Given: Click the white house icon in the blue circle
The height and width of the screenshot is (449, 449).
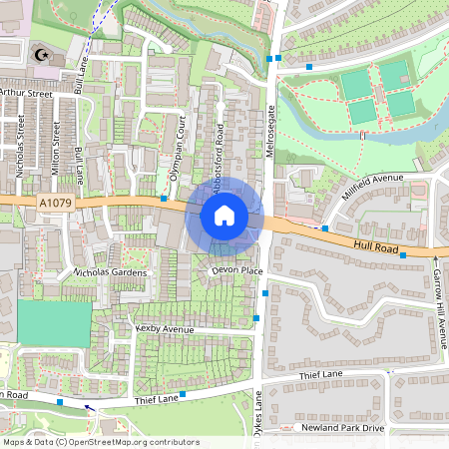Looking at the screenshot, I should (x=224, y=216).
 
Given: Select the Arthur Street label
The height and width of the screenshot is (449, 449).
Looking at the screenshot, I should (x=25, y=92).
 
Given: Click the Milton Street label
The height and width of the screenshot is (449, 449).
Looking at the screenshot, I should (x=56, y=147).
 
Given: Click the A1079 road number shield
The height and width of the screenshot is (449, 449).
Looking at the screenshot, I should (x=56, y=204).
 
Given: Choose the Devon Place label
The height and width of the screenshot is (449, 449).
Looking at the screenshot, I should (x=235, y=270).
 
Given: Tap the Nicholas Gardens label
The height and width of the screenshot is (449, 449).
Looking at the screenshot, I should (x=110, y=272).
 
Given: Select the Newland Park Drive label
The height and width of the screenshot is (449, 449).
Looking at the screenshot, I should (x=344, y=428).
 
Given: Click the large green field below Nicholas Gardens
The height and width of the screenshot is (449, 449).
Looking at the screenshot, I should (x=54, y=322).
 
